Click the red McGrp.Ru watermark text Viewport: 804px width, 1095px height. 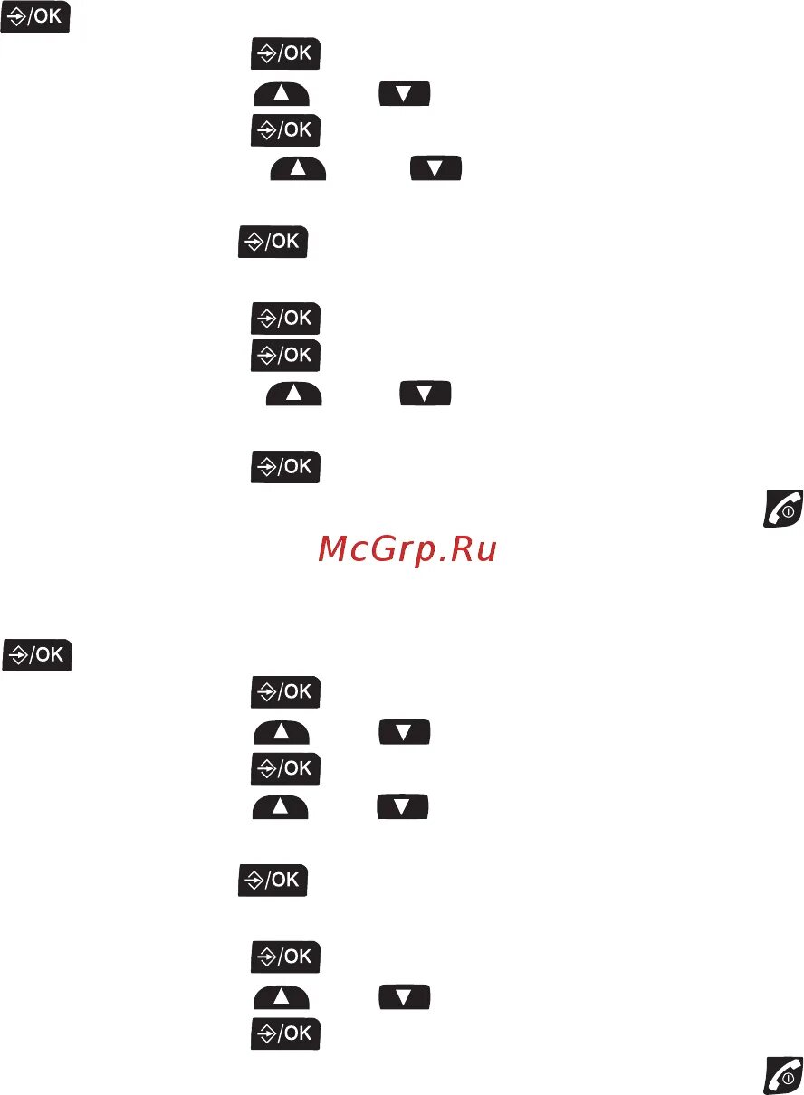tap(407, 548)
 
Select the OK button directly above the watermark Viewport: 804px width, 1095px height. tap(285, 467)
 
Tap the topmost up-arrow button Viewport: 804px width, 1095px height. tap(281, 94)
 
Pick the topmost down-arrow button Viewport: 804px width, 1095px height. tap(405, 94)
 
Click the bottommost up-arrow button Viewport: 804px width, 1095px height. tap(281, 996)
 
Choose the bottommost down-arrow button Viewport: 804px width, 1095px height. tap(405, 996)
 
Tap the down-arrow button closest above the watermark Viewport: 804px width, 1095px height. tap(426, 395)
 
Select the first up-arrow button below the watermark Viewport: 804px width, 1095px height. tap(281, 731)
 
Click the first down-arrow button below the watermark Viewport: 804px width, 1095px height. tap(405, 731)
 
